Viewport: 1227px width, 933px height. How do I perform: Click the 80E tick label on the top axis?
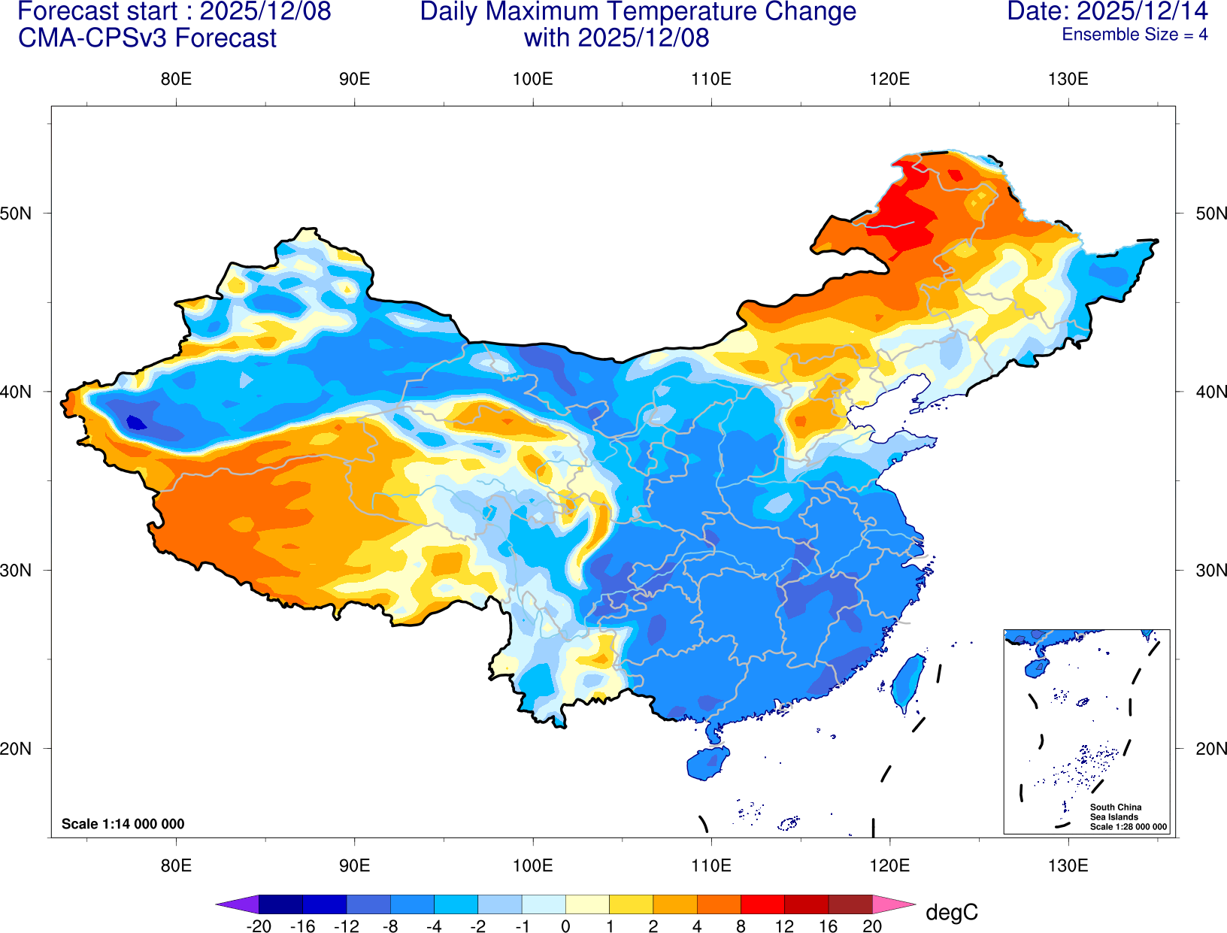click(176, 79)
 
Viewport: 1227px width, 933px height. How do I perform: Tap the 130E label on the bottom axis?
click(1068, 865)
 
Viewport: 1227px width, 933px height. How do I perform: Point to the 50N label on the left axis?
click(16, 213)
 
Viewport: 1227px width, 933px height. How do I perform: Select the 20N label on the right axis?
click(1210, 748)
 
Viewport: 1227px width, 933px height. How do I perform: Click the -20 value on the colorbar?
click(259, 926)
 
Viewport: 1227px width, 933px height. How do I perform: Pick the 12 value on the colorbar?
click(784, 926)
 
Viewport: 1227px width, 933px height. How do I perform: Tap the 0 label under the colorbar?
click(565, 926)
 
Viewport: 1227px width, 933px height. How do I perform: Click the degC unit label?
click(952, 912)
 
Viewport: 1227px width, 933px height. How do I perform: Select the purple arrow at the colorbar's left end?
click(238, 904)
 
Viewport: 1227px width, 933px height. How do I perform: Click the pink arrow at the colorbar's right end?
click(893, 904)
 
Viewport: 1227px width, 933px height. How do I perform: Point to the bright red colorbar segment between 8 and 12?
click(762, 904)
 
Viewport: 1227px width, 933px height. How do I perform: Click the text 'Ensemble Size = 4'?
click(1135, 35)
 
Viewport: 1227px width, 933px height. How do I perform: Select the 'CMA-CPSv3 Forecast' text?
click(147, 38)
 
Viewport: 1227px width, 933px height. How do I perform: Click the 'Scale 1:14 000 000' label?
click(123, 824)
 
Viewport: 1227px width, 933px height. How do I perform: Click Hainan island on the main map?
click(708, 762)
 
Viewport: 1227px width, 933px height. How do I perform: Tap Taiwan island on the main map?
click(908, 681)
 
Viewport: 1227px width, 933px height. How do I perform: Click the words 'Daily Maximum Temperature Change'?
click(638, 11)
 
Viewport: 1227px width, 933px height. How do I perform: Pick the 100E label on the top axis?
click(532, 79)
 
